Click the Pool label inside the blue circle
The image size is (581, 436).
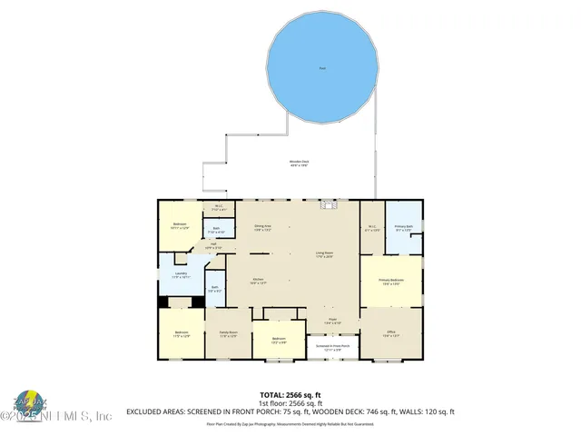[x=322, y=69]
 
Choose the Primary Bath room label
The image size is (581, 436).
[x=404, y=226]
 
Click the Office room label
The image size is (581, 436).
[x=391, y=333]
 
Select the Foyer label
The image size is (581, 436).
[x=333, y=322]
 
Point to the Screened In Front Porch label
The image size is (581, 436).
[x=333, y=348]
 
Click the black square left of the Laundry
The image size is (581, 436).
[x=164, y=302]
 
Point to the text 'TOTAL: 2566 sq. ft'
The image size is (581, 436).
[x=290, y=395]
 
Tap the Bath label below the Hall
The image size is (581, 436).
[x=214, y=289]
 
